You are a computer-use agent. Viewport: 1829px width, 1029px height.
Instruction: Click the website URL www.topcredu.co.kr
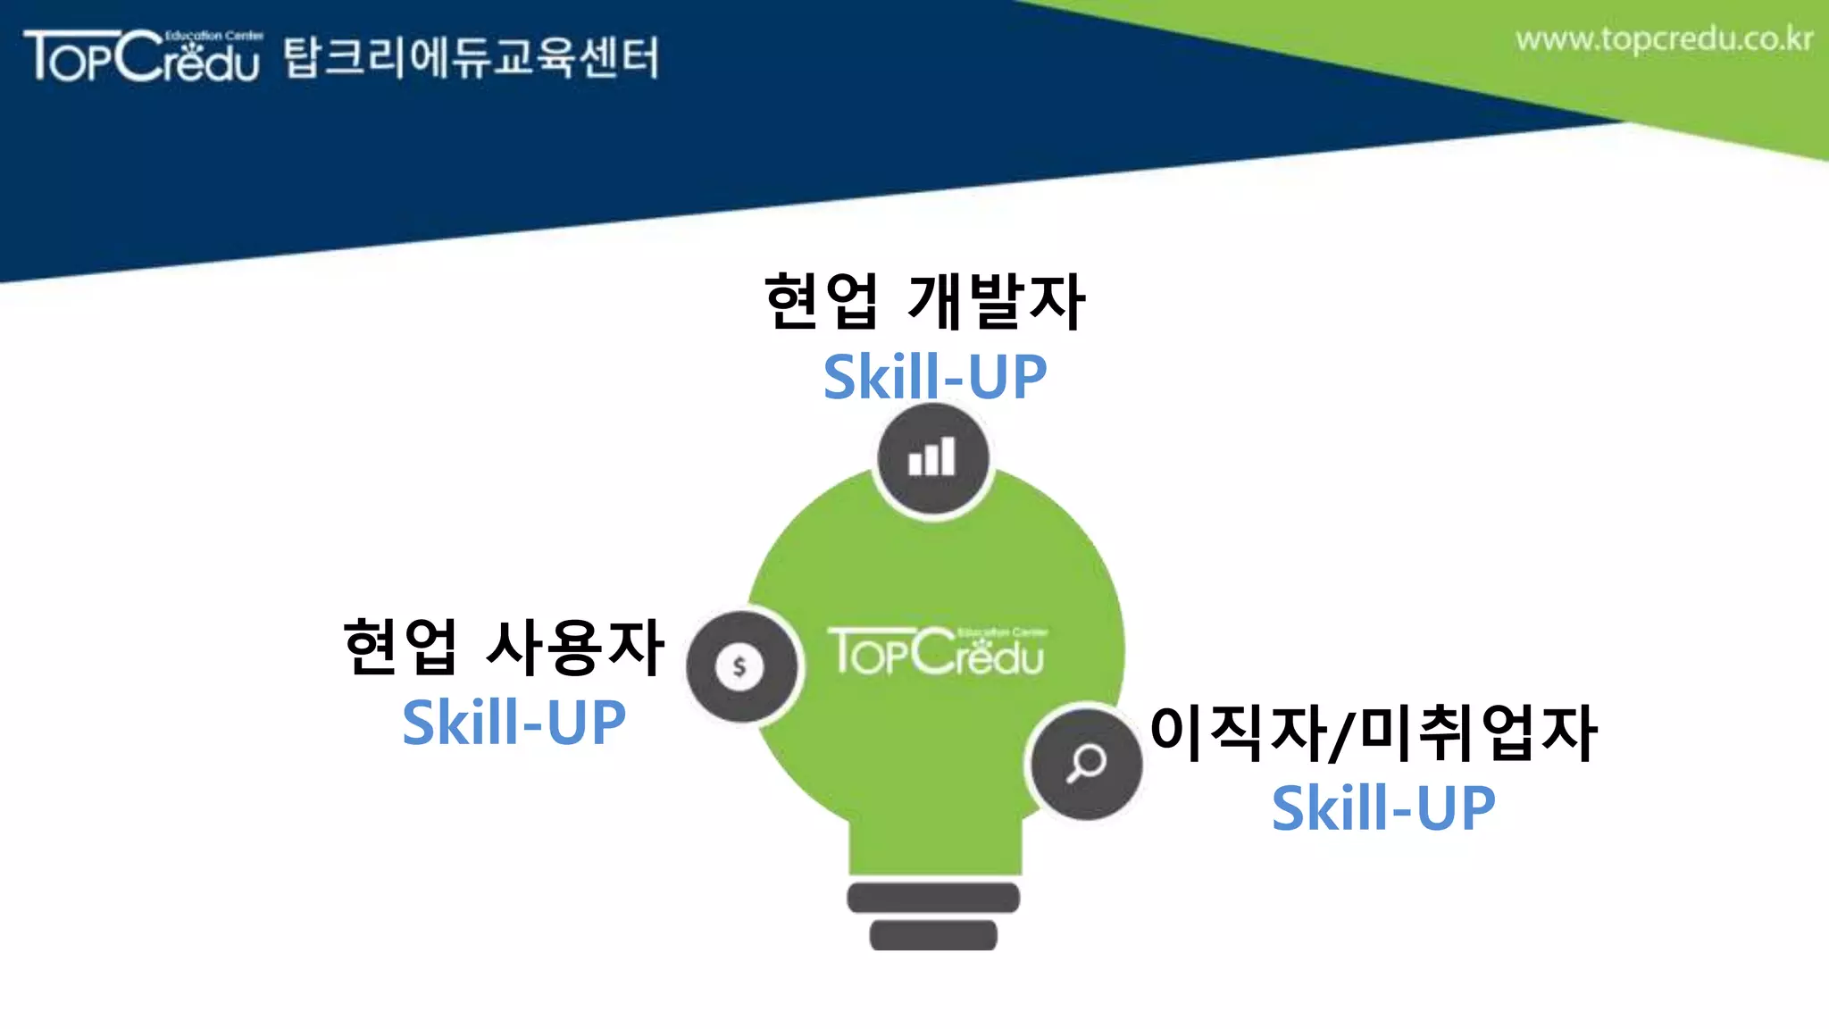(x=1663, y=40)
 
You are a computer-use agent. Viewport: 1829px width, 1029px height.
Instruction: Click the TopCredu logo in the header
(x=143, y=56)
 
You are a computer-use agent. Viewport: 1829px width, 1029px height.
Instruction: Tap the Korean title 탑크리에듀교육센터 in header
(x=471, y=58)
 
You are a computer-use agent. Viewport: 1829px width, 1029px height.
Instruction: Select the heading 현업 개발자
(x=924, y=301)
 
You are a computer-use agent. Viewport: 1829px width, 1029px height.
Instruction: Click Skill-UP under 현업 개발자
(x=934, y=377)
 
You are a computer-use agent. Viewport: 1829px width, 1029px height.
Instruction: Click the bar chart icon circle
(x=932, y=459)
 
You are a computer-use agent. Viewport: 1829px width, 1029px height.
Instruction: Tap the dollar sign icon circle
(x=740, y=666)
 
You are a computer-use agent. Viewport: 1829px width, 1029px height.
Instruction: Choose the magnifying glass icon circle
(x=1085, y=764)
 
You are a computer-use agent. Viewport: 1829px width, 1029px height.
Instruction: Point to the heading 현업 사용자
(x=504, y=647)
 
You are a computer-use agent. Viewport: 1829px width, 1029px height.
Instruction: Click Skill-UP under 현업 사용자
(x=514, y=722)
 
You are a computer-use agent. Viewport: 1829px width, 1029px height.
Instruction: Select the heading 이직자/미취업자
(x=1373, y=733)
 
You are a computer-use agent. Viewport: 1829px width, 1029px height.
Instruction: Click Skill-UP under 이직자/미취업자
(x=1382, y=808)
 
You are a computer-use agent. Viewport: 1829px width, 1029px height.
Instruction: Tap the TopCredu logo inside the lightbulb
(x=936, y=652)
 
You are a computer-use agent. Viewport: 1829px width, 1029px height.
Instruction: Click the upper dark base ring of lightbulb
(x=933, y=898)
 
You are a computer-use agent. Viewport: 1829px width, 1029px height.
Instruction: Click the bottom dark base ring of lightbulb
(x=933, y=934)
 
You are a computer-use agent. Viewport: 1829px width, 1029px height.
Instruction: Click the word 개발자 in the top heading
(x=996, y=301)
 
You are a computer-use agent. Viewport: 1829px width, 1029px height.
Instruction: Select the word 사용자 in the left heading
(x=575, y=647)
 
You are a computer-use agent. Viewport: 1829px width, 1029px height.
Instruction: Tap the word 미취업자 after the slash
(x=1478, y=733)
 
